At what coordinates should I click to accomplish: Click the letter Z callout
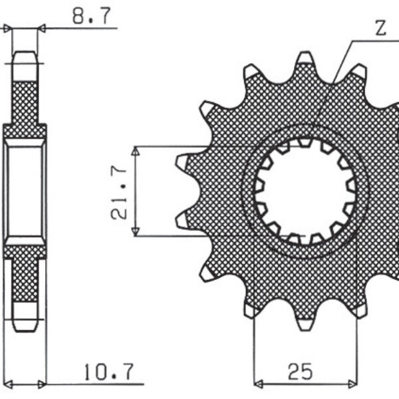click(x=380, y=28)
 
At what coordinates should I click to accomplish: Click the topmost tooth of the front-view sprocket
click(x=305, y=59)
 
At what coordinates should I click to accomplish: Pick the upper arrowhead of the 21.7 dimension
click(x=136, y=152)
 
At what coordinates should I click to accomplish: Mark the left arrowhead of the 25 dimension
click(x=259, y=384)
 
